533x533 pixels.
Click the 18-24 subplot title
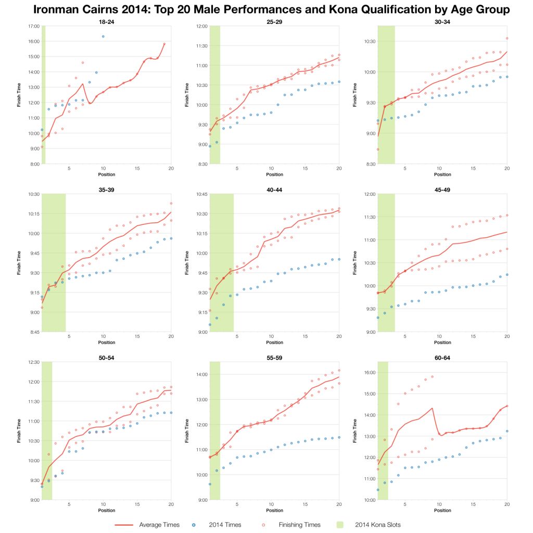[x=106, y=22]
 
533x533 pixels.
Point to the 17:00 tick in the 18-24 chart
[x=33, y=26]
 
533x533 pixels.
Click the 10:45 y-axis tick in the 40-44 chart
[x=201, y=194]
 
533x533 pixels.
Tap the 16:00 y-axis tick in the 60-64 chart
[x=369, y=373]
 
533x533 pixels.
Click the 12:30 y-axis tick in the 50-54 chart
[x=33, y=362]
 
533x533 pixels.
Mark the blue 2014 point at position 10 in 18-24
[x=103, y=36]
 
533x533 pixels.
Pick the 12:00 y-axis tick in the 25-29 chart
[x=201, y=26]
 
